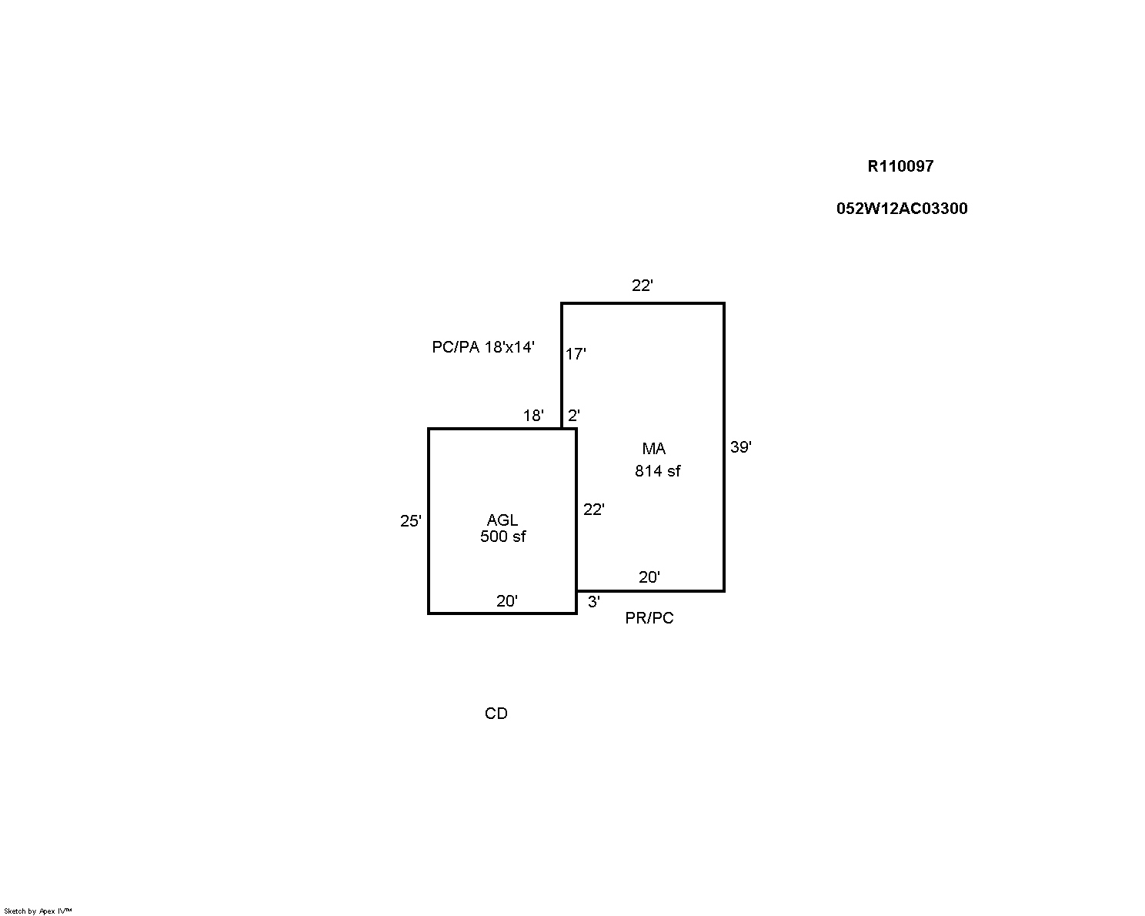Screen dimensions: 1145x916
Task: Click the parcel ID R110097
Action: [900, 166]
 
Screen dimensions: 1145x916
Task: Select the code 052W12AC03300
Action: [902, 208]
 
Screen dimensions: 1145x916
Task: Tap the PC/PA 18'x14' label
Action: [483, 347]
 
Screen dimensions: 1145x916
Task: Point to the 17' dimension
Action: [576, 354]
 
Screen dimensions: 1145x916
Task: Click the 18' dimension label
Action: [534, 416]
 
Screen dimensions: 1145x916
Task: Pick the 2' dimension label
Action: [573, 416]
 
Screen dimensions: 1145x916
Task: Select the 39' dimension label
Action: [740, 447]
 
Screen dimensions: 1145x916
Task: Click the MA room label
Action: [654, 449]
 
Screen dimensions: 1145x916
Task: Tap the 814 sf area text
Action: [658, 471]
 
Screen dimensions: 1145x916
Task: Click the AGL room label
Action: [502, 520]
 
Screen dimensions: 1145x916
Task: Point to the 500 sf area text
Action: [502, 537]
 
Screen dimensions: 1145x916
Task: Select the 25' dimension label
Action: [411, 521]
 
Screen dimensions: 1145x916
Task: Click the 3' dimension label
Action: [594, 602]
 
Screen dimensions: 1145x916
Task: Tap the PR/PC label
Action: [649, 618]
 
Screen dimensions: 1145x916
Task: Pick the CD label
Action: [496, 714]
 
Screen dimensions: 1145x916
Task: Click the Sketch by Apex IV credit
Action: [38, 911]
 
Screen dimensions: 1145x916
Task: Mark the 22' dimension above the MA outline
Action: [643, 286]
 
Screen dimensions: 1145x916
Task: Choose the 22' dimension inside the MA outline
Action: [594, 510]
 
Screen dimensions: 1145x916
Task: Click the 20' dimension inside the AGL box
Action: [507, 601]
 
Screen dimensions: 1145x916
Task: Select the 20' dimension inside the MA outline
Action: [649, 577]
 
